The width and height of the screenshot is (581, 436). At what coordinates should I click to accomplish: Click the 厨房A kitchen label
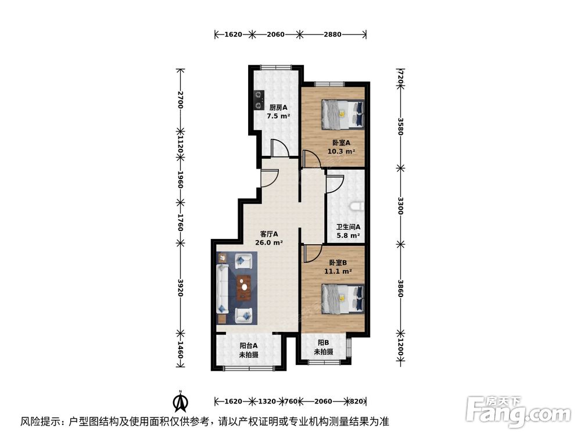click(x=278, y=107)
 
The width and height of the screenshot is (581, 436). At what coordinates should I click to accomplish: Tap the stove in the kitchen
click(x=257, y=101)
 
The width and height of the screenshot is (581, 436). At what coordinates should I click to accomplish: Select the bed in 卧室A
click(x=343, y=114)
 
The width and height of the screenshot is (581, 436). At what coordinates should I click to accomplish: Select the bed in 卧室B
click(x=343, y=299)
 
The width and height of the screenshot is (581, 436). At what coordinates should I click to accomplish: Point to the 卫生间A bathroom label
click(x=349, y=227)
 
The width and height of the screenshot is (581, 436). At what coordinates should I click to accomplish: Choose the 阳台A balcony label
click(x=248, y=346)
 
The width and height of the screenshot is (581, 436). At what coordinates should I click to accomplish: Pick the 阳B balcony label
click(x=323, y=343)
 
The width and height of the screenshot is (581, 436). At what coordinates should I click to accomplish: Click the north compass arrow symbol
click(x=181, y=401)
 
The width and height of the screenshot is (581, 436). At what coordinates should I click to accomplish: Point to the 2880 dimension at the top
click(x=332, y=34)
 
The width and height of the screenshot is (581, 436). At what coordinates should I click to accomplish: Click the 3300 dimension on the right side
click(x=400, y=206)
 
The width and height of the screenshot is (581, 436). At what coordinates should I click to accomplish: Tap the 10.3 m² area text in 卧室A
click(x=341, y=151)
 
